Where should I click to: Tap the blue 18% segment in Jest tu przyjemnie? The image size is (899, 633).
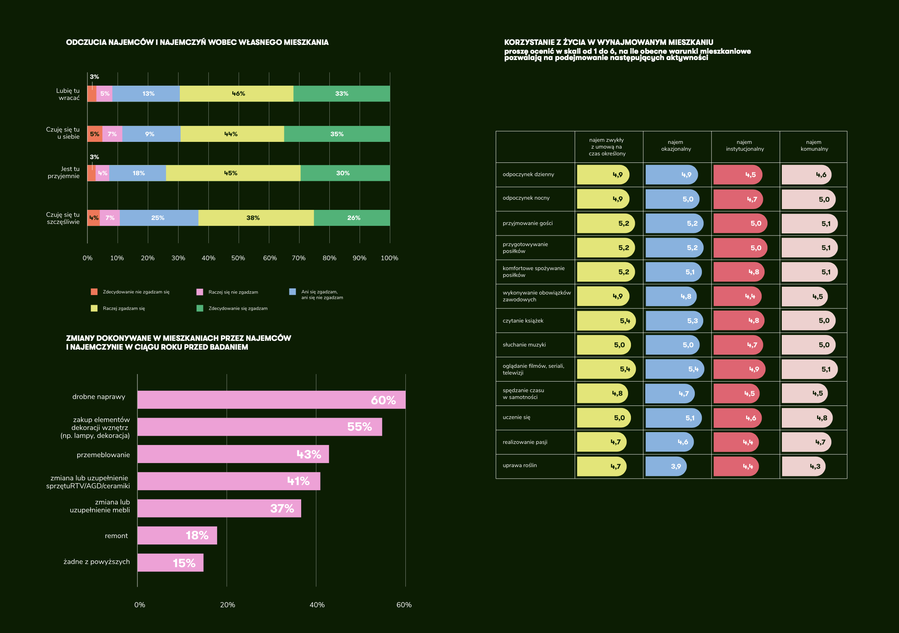(138, 173)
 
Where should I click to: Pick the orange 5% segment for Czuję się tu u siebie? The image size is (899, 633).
(95, 134)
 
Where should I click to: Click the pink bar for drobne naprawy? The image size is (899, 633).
(271, 400)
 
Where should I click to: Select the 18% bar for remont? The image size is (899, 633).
(177, 536)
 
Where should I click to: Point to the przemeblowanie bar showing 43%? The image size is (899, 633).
(233, 454)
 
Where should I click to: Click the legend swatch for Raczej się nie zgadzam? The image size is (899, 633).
(200, 292)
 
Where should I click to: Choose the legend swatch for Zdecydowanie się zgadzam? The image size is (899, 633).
(200, 309)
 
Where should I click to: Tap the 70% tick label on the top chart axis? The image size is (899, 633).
(299, 258)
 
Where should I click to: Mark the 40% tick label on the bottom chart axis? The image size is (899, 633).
(317, 605)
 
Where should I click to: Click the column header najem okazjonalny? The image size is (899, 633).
(676, 146)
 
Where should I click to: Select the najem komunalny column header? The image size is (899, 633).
(814, 146)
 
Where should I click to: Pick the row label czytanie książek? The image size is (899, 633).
(523, 321)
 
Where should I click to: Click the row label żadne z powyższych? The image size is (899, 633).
(97, 562)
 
